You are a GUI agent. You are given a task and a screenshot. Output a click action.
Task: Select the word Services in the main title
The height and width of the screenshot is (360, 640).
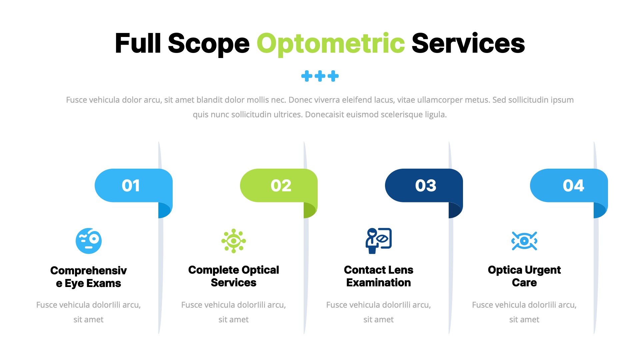pyautogui.click(x=468, y=43)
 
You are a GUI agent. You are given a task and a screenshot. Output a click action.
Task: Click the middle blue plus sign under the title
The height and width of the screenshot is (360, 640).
pyautogui.click(x=320, y=76)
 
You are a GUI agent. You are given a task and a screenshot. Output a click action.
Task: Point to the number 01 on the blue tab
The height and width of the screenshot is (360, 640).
pyautogui.click(x=131, y=186)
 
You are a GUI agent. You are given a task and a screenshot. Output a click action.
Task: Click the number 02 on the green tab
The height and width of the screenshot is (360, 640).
pyautogui.click(x=281, y=186)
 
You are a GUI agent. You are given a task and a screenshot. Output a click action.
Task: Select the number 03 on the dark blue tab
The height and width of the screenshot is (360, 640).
pyautogui.click(x=426, y=186)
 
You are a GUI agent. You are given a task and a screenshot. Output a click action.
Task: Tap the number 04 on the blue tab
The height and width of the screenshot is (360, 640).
pyautogui.click(x=573, y=186)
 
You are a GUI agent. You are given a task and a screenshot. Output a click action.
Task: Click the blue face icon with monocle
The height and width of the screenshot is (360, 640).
pyautogui.click(x=89, y=241)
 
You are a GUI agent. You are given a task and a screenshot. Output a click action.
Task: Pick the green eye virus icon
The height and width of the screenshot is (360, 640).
pyautogui.click(x=234, y=241)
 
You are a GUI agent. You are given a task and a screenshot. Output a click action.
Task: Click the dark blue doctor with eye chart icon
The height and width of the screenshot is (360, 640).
pyautogui.click(x=378, y=241)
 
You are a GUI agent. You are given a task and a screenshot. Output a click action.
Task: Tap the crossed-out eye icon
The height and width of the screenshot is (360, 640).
pyautogui.click(x=524, y=241)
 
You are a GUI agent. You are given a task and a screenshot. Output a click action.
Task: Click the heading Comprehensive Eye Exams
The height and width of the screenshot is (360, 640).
pyautogui.click(x=89, y=277)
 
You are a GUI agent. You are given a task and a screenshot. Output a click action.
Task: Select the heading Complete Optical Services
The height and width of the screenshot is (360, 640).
pyautogui.click(x=234, y=276)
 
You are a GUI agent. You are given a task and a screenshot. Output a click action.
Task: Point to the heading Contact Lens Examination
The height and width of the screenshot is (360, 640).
pyautogui.click(x=379, y=276)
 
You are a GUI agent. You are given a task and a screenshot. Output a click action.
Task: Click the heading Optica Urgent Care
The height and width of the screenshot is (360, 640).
pyautogui.click(x=524, y=276)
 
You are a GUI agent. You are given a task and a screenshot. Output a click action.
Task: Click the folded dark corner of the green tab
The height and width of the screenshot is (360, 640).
pyautogui.click(x=309, y=210)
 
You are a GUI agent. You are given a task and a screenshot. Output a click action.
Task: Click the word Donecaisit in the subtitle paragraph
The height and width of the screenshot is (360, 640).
pyautogui.click(x=324, y=115)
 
